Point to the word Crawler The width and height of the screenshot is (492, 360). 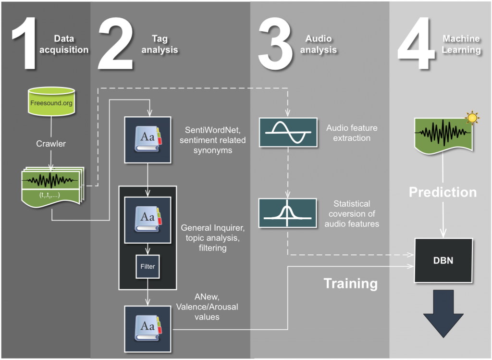pos(51,144)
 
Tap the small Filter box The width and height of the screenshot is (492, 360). pos(148,266)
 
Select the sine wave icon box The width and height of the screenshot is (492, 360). pos(288,132)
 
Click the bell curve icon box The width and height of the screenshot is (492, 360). pos(288,213)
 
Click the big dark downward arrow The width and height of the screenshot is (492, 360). pos(443,315)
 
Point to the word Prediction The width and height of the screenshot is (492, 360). pos(443,192)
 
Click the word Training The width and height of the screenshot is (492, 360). pos(350,283)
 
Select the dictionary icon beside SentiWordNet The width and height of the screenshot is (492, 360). pos(148,140)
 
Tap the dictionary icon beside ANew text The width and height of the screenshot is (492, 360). pos(148,328)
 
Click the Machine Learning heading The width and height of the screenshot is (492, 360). pos(461,44)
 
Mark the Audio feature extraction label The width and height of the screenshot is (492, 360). pos(352,133)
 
